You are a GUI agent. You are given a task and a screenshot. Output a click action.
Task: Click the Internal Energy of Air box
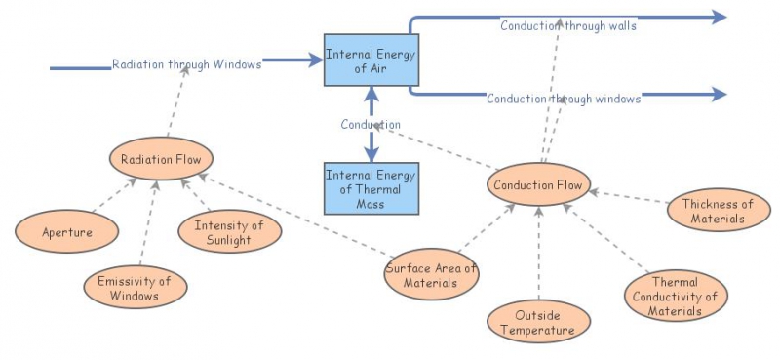[370, 60]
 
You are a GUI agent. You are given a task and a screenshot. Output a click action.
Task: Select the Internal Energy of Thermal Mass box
[370, 188]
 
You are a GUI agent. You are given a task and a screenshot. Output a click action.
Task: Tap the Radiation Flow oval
[161, 160]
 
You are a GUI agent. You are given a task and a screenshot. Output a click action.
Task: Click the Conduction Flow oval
[537, 185]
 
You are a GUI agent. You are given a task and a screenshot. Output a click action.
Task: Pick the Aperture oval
[67, 233]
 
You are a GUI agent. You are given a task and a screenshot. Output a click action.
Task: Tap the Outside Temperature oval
[538, 323]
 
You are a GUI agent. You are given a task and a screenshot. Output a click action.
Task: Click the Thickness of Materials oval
[718, 211]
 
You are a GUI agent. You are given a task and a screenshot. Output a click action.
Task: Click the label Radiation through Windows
[186, 65]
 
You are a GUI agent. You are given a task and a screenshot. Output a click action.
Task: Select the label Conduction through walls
[568, 26]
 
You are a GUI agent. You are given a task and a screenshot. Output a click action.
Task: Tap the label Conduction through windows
[564, 99]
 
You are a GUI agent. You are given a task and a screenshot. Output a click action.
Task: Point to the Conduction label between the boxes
[370, 125]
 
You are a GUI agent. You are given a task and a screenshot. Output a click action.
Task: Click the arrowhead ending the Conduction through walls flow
[719, 17]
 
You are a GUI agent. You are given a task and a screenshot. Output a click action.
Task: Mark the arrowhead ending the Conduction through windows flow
[719, 94]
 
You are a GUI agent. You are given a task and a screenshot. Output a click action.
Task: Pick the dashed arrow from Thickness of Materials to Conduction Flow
[628, 198]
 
